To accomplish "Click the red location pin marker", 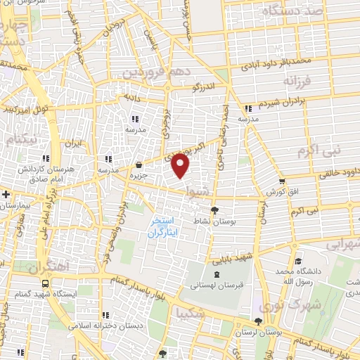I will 181,166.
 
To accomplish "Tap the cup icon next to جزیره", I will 139,167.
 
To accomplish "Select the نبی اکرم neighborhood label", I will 318,150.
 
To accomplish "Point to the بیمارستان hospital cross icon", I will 6,193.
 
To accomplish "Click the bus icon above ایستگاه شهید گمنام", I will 45,283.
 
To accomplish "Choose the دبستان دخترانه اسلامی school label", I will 106,326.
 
